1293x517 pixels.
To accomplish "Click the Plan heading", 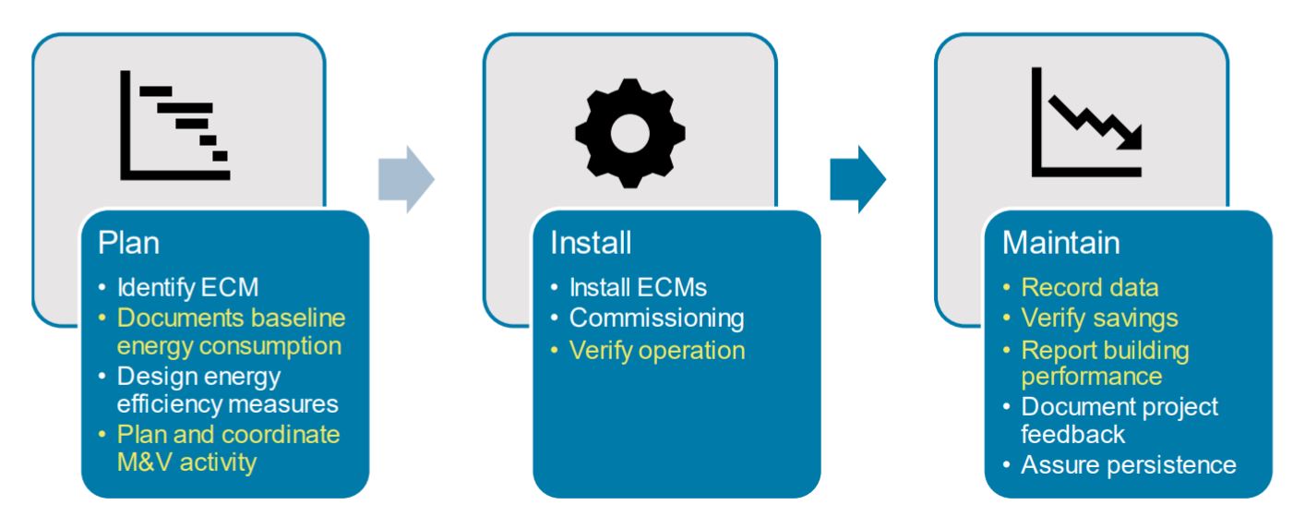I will [x=129, y=243].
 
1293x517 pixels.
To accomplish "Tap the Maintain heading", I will [x=1061, y=243].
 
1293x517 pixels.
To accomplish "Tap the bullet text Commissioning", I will [x=656, y=319].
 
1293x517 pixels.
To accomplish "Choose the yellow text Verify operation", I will [x=656, y=350].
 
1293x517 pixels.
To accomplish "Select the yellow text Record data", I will [x=1089, y=288].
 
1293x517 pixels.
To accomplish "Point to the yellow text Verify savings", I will [x=1099, y=319].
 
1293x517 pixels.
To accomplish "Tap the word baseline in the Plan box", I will [x=295, y=319].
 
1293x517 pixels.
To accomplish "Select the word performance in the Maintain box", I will [x=1091, y=377].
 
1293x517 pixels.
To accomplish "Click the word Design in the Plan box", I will [x=150, y=377].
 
